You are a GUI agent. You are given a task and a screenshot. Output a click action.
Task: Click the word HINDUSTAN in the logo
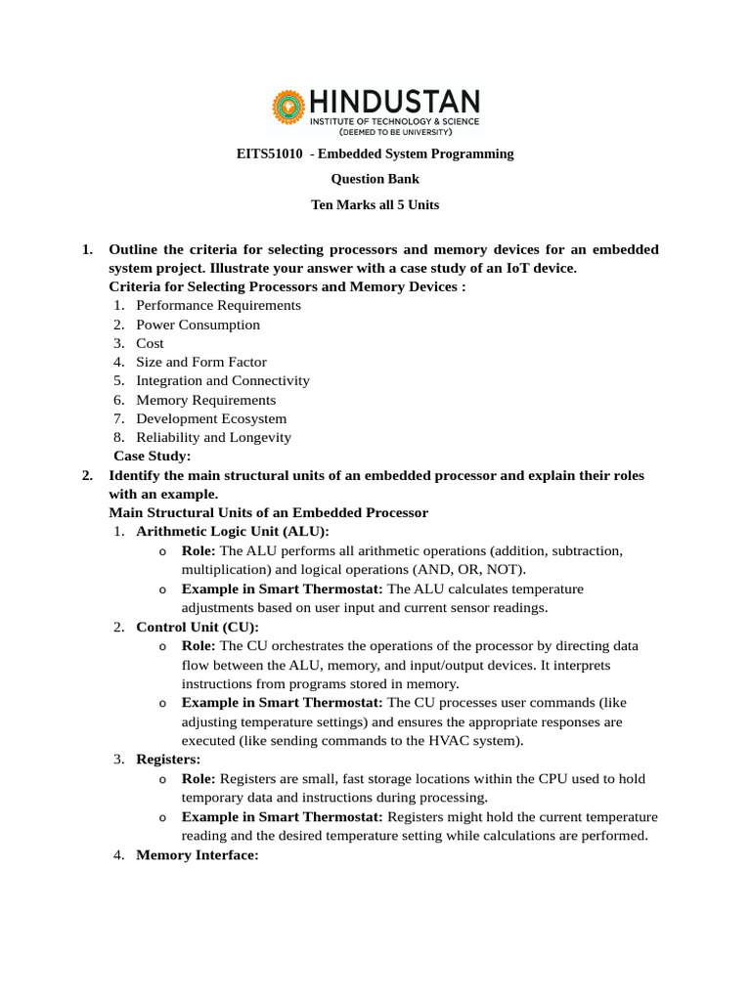pos(395,101)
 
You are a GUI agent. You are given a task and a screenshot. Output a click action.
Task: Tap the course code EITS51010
pos(270,153)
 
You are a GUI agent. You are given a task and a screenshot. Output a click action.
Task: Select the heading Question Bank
pos(375,179)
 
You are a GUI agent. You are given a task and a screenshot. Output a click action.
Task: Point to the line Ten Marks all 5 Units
pos(375,204)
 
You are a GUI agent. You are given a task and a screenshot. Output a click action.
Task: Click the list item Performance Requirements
pos(218,305)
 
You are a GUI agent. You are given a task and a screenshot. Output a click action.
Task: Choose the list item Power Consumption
pos(198,325)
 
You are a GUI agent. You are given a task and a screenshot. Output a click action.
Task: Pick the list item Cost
pos(150,343)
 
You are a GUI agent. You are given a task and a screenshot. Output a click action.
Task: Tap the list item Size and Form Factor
pos(200,362)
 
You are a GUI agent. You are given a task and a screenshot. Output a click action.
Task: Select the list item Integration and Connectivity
pos(222,380)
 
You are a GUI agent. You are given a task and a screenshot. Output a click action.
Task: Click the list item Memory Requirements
pos(205,400)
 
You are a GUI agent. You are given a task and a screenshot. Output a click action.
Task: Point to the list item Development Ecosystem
pos(211,418)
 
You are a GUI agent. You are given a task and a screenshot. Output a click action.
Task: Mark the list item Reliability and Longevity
pos(213,437)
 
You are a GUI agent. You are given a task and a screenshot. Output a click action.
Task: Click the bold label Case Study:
pos(153,456)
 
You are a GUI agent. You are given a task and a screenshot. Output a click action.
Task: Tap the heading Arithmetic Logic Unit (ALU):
pos(233,531)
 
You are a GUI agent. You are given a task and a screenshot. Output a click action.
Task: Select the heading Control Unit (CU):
pos(198,627)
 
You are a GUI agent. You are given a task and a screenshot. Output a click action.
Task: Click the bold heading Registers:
pos(168,759)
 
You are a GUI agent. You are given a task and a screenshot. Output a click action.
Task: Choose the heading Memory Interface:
pos(197,854)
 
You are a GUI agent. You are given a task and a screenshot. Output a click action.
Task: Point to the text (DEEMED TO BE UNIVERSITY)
pos(395,130)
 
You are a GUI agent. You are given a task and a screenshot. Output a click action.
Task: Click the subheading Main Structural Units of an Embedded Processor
pos(268,512)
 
